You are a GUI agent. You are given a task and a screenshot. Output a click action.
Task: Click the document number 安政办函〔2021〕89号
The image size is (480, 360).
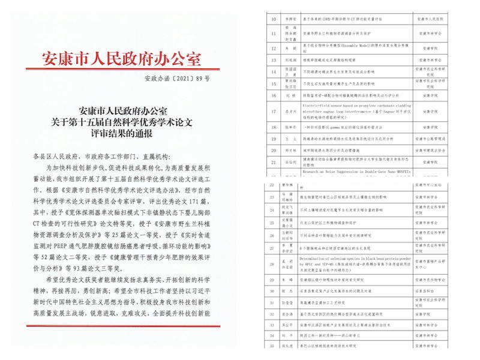(x=178, y=79)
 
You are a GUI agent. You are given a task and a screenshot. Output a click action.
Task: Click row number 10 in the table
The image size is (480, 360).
(x=273, y=19)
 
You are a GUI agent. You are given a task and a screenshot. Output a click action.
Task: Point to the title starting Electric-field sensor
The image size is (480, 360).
(x=348, y=106)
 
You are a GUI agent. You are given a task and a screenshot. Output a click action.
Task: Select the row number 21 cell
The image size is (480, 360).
(x=273, y=162)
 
